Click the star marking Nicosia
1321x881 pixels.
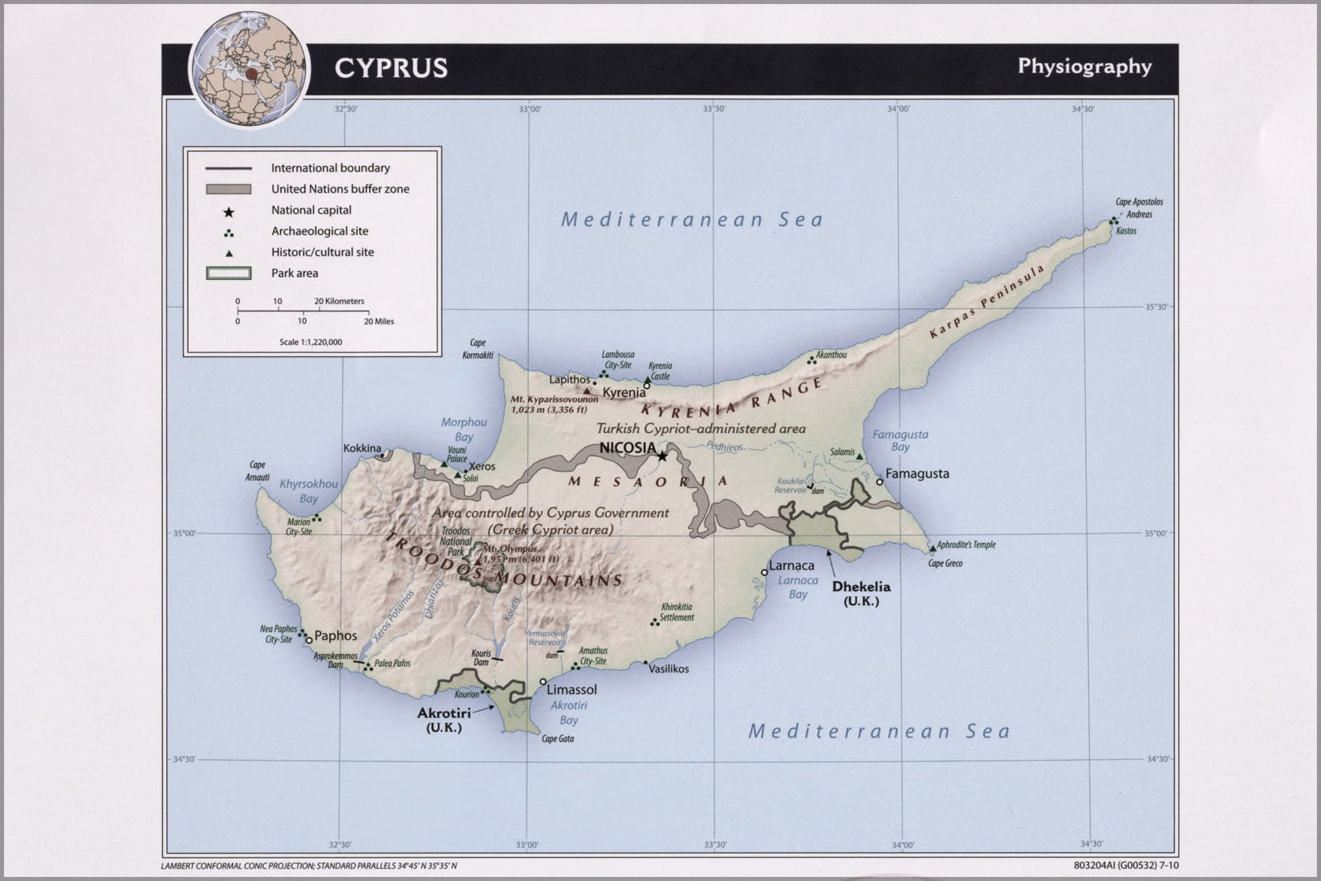click(x=662, y=457)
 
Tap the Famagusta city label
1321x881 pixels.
click(x=917, y=473)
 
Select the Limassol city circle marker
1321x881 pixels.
click(x=543, y=682)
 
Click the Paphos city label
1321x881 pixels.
click(x=335, y=635)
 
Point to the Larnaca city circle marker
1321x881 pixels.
click(x=764, y=572)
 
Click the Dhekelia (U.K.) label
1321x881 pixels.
click(x=861, y=593)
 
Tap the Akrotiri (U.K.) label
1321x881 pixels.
click(x=444, y=720)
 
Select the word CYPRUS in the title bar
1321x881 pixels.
click(x=391, y=68)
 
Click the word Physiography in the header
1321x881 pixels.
click(x=1084, y=67)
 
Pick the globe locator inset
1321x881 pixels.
click(x=250, y=70)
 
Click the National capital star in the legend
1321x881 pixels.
click(x=229, y=211)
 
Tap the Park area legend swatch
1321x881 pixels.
click(x=229, y=274)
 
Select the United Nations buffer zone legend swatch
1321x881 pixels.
click(x=229, y=189)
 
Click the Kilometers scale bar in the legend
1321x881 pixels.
click(x=300, y=309)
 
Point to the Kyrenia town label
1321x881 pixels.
click(x=624, y=392)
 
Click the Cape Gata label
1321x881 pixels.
click(x=558, y=739)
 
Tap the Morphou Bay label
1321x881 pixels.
click(x=464, y=429)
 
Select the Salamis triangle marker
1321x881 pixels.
click(x=860, y=457)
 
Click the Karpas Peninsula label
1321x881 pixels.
click(x=987, y=302)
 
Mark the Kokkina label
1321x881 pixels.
click(x=362, y=449)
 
